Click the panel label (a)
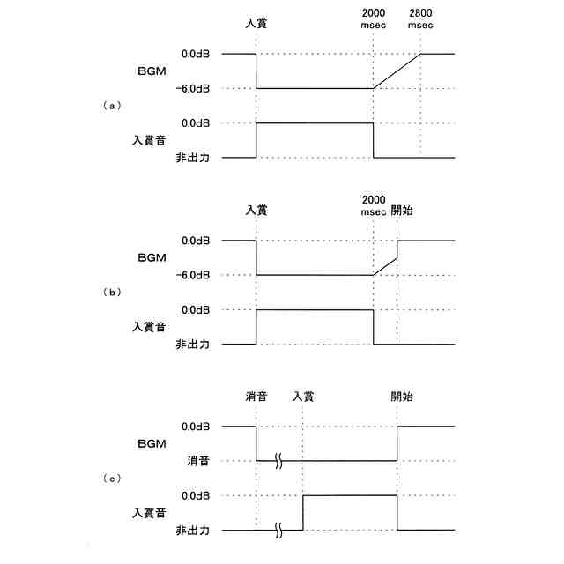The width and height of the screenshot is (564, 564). tap(111, 105)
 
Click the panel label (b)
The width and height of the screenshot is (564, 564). tap(111, 292)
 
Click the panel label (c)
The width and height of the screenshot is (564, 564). tap(111, 478)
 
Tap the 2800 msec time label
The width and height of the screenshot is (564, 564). tap(420, 19)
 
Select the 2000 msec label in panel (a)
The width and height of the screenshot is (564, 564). tap(374, 19)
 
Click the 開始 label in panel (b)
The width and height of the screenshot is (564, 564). tap(402, 211)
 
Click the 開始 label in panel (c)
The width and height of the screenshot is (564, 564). tap(402, 397)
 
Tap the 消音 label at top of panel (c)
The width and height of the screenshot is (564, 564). tap(256, 397)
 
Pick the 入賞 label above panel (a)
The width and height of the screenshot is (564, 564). tap(256, 24)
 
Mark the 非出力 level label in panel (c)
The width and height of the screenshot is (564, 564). tap(191, 531)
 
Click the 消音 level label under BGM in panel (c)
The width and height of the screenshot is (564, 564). tap(196, 461)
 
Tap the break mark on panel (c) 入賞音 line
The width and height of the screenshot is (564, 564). tap(278, 531)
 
